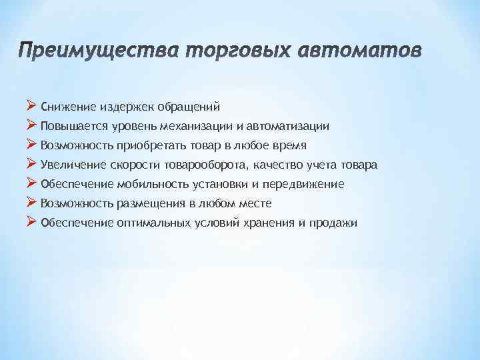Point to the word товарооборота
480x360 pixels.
[218, 164]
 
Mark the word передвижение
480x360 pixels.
[307, 183]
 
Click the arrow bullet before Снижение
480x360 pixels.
[31, 105]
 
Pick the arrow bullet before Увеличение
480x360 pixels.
[31, 163]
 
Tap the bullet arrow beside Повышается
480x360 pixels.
[31, 125]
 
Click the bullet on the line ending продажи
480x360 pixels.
[31, 221]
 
